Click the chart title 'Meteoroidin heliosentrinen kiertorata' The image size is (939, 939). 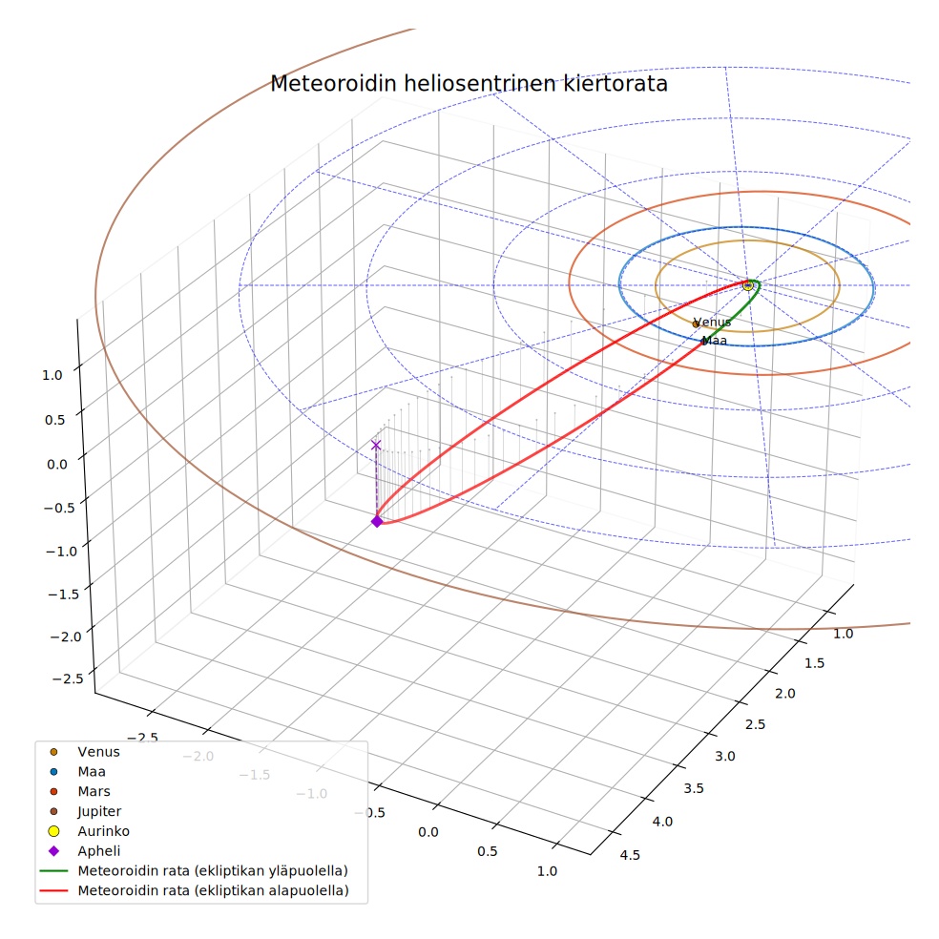[x=469, y=84]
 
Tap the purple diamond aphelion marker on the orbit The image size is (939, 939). [x=377, y=522]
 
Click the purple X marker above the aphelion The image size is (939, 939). [x=376, y=445]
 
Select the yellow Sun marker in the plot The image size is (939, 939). [x=747, y=285]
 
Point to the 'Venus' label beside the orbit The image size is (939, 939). [x=712, y=323]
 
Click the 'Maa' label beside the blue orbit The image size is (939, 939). [x=715, y=341]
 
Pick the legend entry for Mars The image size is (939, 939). [x=79, y=792]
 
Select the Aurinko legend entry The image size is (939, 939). [x=88, y=831]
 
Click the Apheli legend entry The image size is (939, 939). [x=84, y=851]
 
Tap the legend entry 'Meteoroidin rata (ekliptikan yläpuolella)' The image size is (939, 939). [x=194, y=870]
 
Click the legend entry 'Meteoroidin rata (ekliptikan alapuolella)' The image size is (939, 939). [x=194, y=890]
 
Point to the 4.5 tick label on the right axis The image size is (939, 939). [x=630, y=855]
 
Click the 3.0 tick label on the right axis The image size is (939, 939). [x=724, y=757]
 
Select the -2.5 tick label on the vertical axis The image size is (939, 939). [x=69, y=678]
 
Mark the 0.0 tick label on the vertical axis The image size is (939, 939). [x=57, y=464]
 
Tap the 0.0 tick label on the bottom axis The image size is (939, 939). [x=428, y=832]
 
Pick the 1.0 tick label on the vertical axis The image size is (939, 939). [x=52, y=375]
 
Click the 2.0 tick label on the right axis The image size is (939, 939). [x=785, y=694]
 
